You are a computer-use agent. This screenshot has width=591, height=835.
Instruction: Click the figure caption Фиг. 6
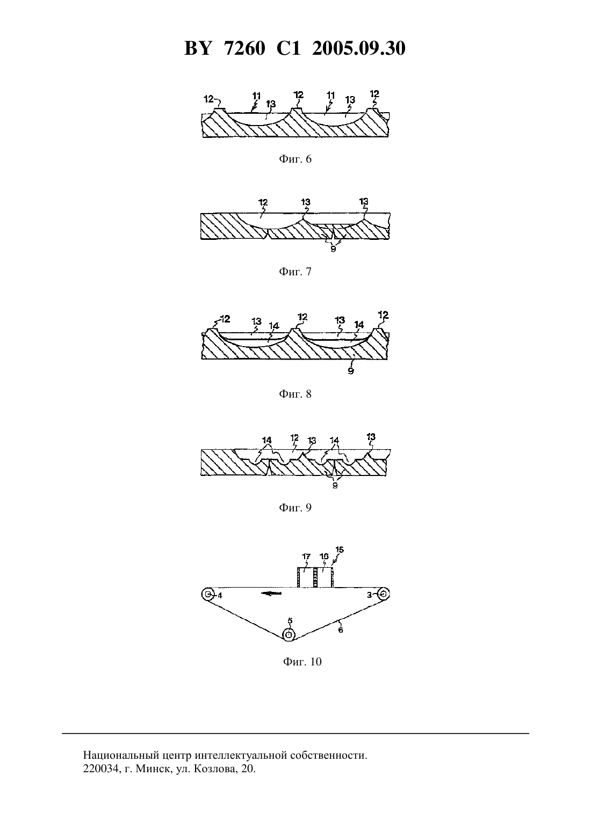pos(295,159)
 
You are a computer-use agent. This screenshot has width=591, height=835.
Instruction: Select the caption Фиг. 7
pos(295,272)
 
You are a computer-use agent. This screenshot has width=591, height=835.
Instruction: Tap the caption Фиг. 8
pos(295,394)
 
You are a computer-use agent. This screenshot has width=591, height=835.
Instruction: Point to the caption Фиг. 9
pos(295,508)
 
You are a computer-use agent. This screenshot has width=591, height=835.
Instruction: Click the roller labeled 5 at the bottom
pos(289,635)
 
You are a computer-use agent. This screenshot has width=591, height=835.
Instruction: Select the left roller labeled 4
pos(207,594)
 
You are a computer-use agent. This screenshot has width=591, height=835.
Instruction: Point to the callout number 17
pos(306,556)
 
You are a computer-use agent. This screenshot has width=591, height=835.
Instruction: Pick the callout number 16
pos(324,556)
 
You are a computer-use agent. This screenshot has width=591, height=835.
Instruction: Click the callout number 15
pos(340,550)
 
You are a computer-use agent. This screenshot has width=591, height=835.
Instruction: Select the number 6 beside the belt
pos(341,630)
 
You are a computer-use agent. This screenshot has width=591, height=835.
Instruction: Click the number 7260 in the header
pos(244,48)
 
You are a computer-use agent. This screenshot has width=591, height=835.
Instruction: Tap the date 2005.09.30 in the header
pos(358,48)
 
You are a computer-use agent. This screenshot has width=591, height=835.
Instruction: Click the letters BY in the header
pos(198,48)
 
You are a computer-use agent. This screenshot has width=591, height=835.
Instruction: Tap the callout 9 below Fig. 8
pos(350,371)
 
